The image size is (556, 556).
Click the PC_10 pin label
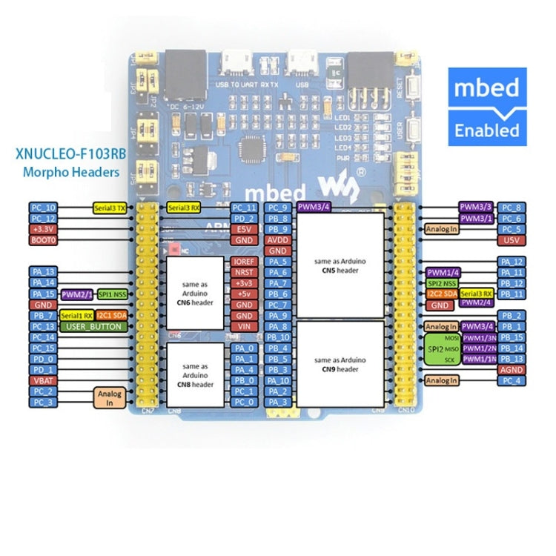click(43, 208)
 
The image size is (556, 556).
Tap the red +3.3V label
click(43, 230)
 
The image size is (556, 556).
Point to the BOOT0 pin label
click(43, 241)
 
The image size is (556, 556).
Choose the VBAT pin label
click(43, 380)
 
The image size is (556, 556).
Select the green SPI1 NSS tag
click(112, 294)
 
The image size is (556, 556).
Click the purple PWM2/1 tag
click(78, 294)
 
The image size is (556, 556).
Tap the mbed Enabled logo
click(486, 105)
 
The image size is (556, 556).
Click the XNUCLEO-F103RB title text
click(67, 157)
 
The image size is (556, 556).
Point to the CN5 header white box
click(340, 265)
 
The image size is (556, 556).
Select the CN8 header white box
click(194, 375)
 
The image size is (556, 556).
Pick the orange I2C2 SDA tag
click(441, 294)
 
